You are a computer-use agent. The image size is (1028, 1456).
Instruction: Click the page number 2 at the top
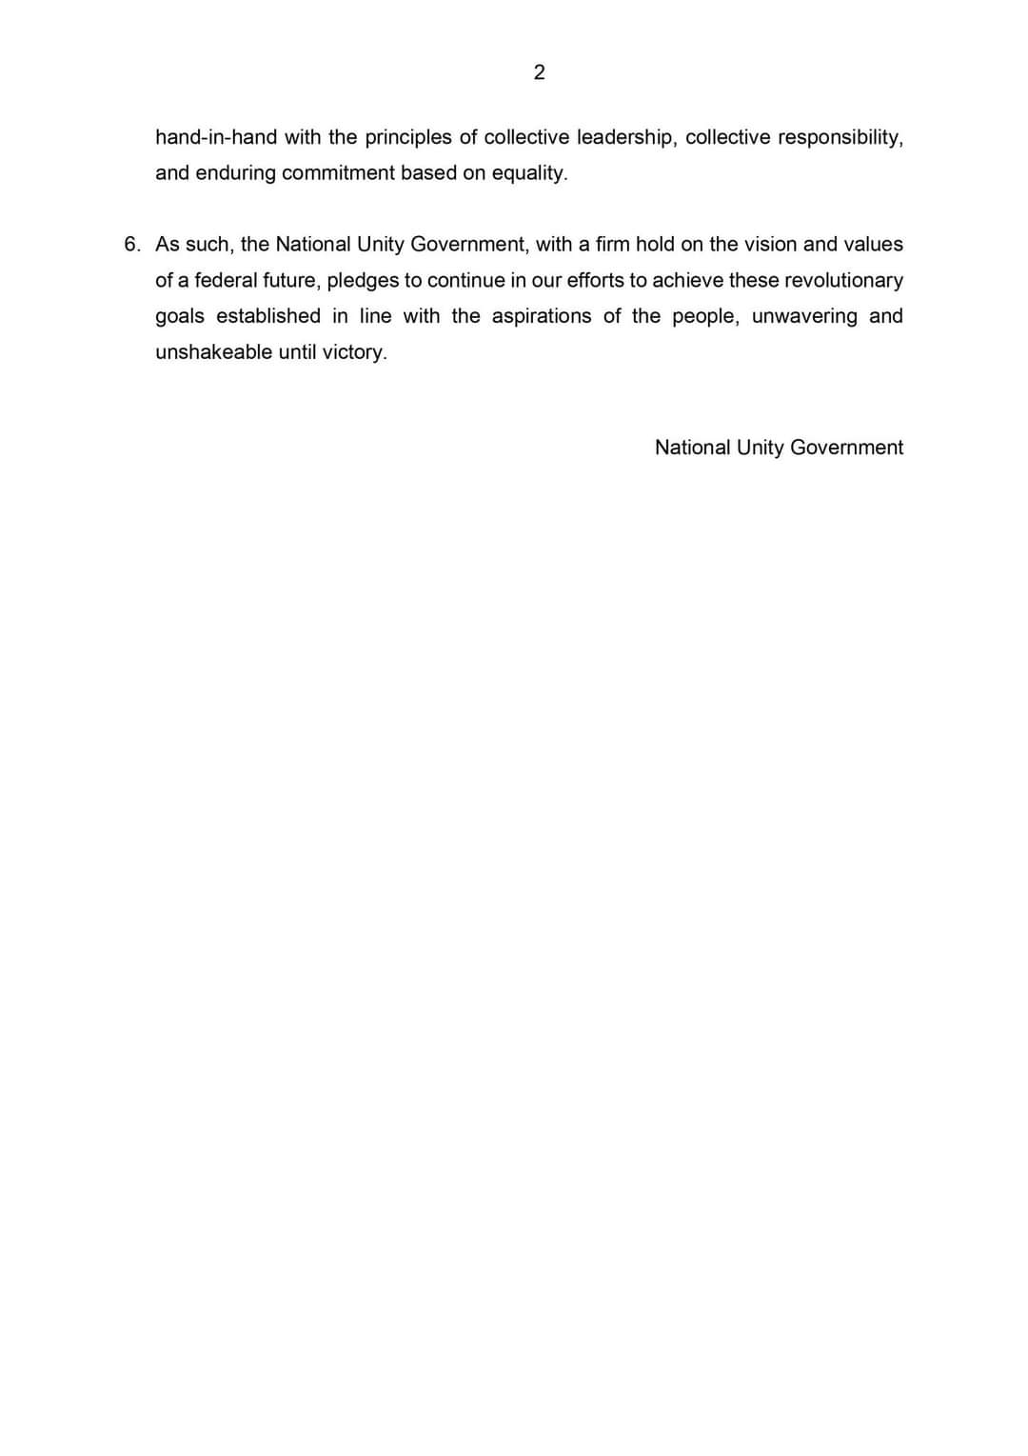point(539,72)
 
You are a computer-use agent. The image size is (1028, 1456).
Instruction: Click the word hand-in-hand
point(216,137)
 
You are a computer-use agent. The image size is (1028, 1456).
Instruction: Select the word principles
point(408,137)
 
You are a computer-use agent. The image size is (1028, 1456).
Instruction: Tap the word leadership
point(624,137)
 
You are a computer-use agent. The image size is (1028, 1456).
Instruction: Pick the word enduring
point(235,173)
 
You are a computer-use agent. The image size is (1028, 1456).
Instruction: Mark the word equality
point(528,173)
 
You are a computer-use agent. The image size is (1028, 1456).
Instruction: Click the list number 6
point(131,245)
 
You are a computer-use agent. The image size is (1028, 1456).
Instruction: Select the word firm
point(612,245)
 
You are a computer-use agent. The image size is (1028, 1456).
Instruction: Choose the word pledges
point(363,281)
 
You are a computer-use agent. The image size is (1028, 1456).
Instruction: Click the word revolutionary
point(843,281)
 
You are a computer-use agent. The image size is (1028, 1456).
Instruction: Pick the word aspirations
point(541,316)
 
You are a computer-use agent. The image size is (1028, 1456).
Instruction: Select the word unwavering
point(804,316)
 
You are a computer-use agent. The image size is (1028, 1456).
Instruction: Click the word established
point(268,316)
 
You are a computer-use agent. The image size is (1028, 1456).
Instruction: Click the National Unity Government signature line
point(779,448)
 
